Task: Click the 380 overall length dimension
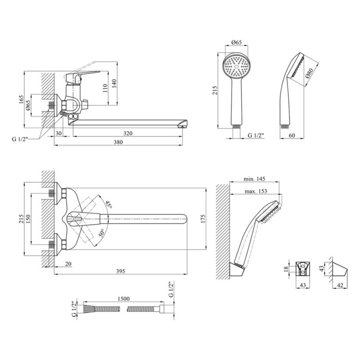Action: point(118,141)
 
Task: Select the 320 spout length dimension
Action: point(128,133)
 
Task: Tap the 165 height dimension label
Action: point(22,100)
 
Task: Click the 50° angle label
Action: point(102,233)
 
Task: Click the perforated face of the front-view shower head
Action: point(236,67)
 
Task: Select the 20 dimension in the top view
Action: point(67,264)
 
